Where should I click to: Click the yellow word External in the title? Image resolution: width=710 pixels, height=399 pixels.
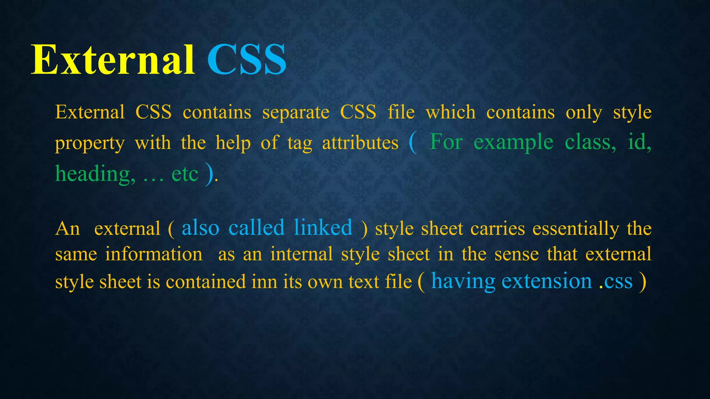pyautogui.click(x=113, y=60)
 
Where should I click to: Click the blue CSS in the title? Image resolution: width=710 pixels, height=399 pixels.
pyautogui.click(x=247, y=60)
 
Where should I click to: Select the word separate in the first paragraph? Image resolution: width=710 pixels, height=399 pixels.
pyautogui.click(x=296, y=113)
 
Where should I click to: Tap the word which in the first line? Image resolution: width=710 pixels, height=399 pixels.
pyautogui.click(x=451, y=113)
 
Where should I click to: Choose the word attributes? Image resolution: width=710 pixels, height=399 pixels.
pyautogui.click(x=360, y=143)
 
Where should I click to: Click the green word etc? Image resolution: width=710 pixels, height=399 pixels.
pyautogui.click(x=185, y=174)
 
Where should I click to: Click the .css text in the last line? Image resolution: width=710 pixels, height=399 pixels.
pyautogui.click(x=616, y=281)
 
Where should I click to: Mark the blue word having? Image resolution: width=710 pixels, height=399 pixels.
pyautogui.click(x=463, y=282)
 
